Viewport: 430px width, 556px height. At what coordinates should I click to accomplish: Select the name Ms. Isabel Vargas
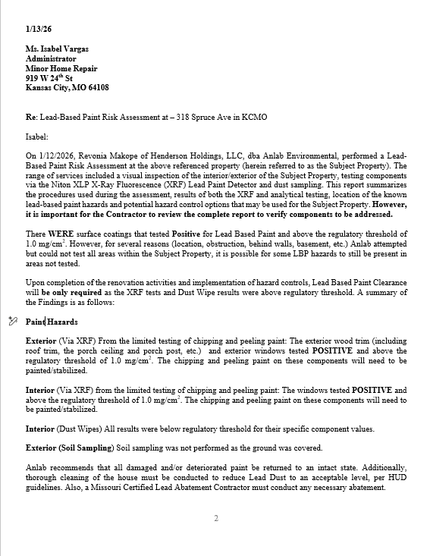[x=57, y=49]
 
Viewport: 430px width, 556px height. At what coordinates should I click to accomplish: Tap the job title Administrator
[x=51, y=58]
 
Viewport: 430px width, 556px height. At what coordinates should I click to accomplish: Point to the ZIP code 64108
[x=97, y=87]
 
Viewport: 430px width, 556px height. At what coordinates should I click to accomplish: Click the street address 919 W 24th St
[x=49, y=77]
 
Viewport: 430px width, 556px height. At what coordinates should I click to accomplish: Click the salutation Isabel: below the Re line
[x=38, y=137]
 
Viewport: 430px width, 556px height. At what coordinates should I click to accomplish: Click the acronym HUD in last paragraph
[x=397, y=478]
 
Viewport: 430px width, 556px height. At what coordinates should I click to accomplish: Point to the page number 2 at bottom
[x=215, y=519]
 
